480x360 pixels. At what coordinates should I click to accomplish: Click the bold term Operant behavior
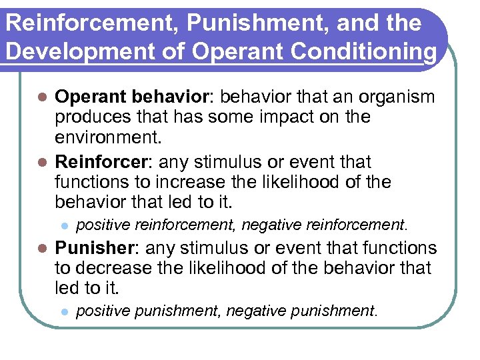click(x=132, y=97)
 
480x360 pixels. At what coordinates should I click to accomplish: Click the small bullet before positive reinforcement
click(x=64, y=226)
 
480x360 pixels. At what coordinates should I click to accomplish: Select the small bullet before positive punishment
click(x=64, y=311)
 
